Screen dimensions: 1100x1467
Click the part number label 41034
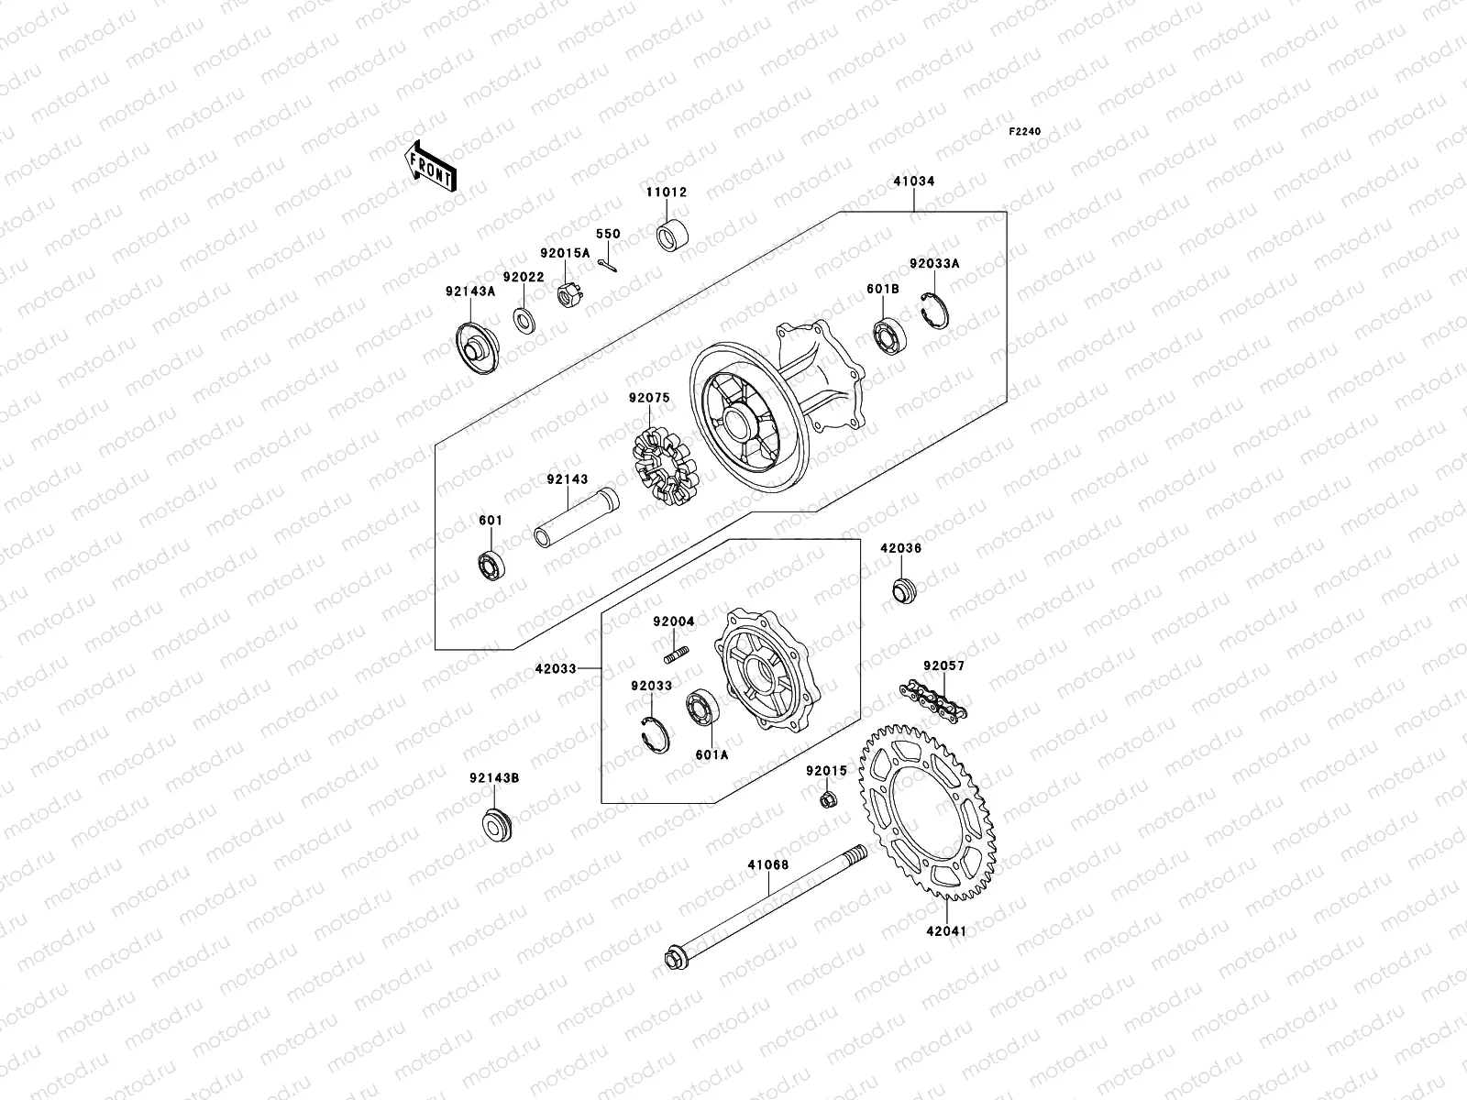point(913,181)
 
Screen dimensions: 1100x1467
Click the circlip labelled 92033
point(655,735)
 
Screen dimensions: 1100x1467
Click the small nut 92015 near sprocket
point(827,800)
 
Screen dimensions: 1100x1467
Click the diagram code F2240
point(1025,132)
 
